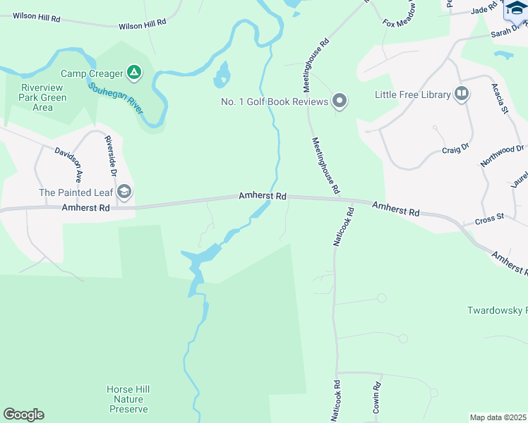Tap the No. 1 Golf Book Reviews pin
tap(340, 102)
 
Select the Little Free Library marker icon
tap(462, 94)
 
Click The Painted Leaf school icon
tap(124, 192)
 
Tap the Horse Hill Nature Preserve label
tap(128, 399)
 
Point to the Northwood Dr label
tap(502, 154)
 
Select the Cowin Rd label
tap(377, 398)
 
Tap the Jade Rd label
tap(484, 10)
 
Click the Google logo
tap(23, 415)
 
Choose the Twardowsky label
tap(497, 310)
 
